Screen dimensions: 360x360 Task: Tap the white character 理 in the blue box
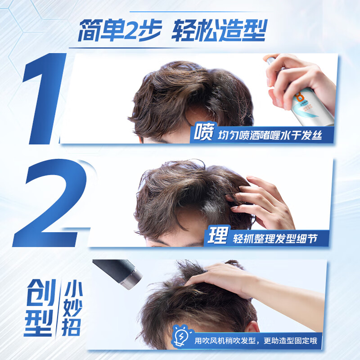pyautogui.click(x=217, y=236)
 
